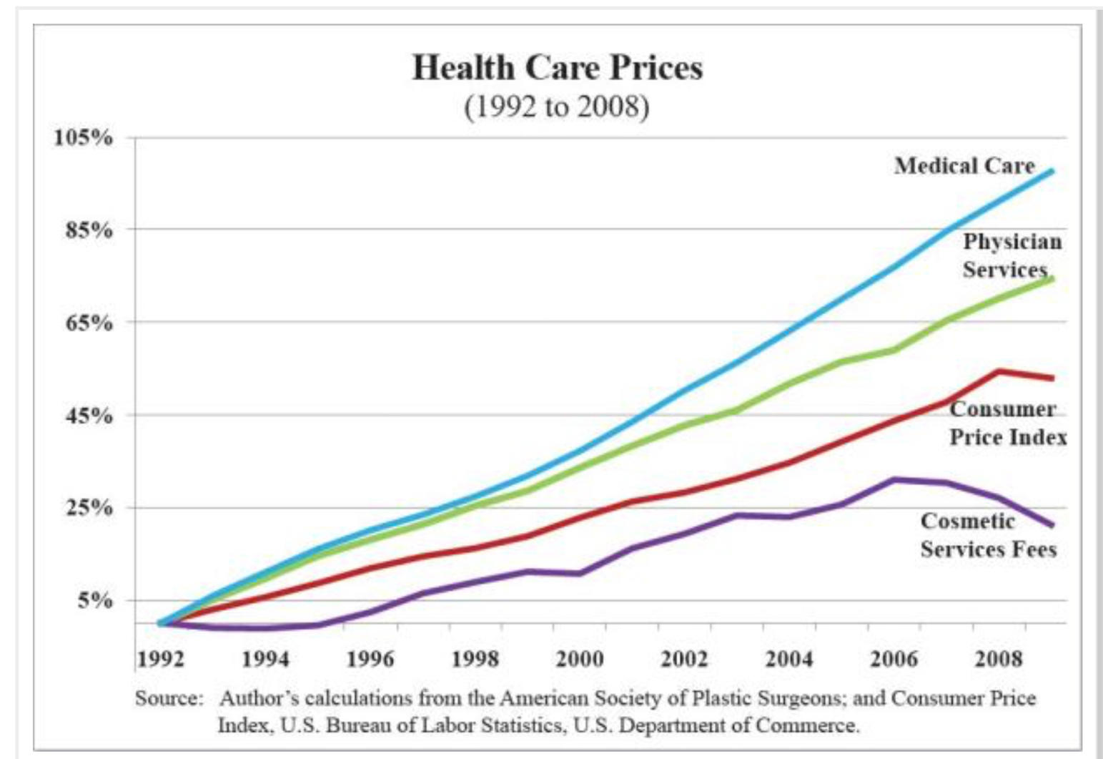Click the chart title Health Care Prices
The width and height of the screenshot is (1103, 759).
pos(557,68)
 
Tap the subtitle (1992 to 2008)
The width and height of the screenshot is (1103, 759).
pos(557,107)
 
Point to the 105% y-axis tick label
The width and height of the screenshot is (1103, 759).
pos(84,137)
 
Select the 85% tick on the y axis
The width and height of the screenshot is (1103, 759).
pos(89,230)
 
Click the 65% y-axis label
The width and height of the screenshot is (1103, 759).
pos(89,323)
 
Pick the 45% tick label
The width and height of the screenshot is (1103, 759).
pos(89,416)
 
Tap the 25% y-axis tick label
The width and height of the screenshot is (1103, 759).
pos(89,509)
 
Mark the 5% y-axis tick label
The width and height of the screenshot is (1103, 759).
pos(95,601)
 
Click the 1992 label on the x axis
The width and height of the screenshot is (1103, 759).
pos(160,658)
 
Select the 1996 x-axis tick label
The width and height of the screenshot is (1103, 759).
pos(370,658)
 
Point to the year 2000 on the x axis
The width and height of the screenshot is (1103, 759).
pos(579,658)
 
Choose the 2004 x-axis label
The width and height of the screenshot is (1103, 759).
pos(788,658)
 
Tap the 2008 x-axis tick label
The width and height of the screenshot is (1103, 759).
pos(999,658)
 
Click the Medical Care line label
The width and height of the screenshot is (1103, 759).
pos(964,166)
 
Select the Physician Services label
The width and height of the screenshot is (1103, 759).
pos(1011,255)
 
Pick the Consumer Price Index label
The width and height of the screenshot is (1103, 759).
pos(1007,423)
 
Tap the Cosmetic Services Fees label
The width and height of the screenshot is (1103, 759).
pos(988,535)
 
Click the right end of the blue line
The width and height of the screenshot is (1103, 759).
pos(1052,172)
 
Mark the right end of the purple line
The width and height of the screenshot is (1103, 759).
pos(1052,525)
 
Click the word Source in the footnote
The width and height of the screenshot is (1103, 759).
pos(169,698)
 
